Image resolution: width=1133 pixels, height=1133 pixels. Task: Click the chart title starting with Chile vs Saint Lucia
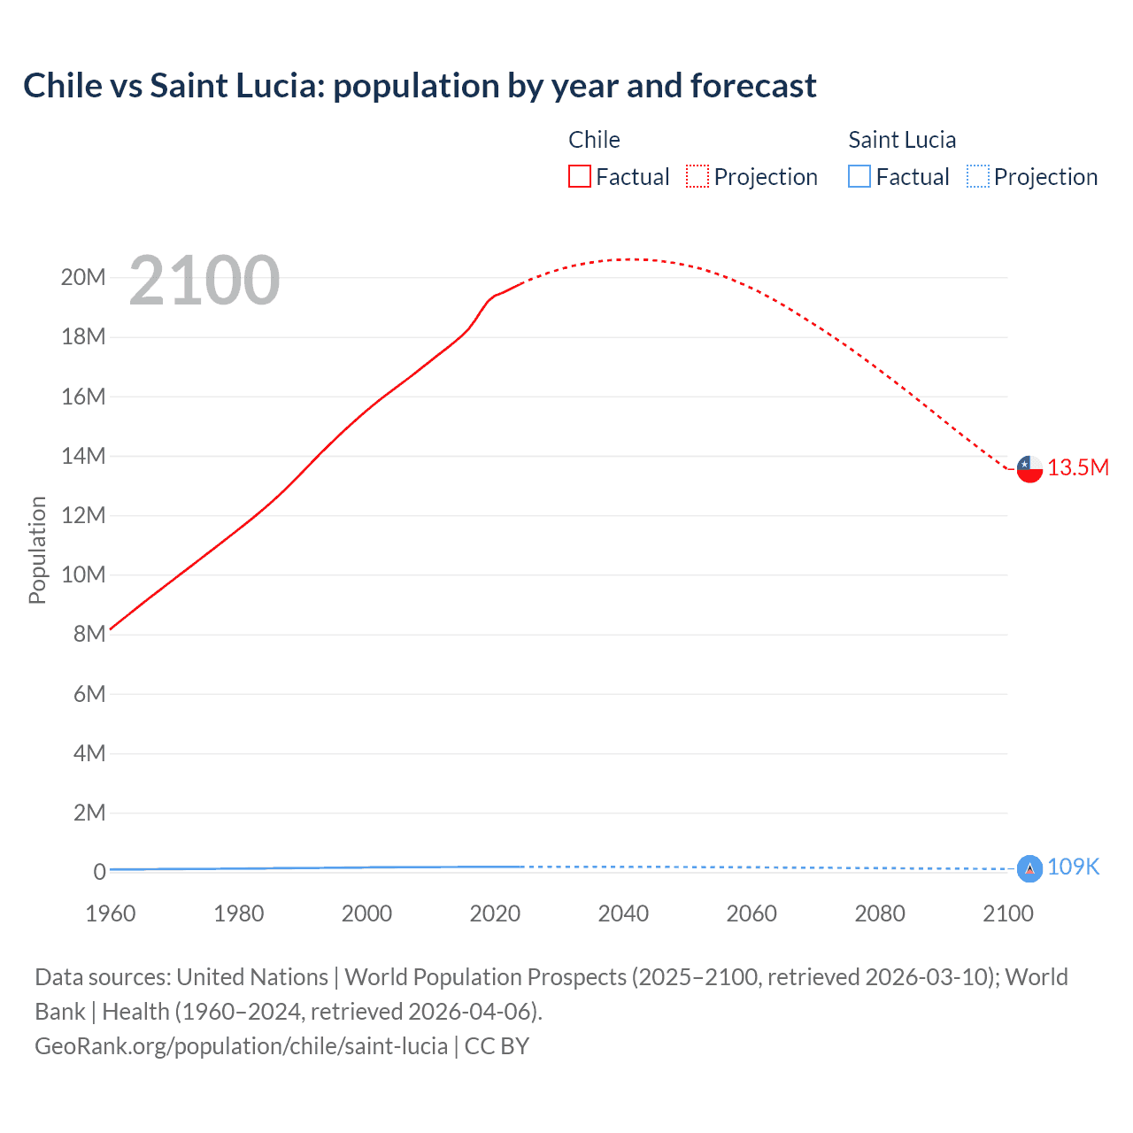420,86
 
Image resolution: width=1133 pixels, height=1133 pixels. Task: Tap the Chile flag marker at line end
1029,468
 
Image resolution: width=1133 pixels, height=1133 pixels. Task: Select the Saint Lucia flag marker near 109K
1029,869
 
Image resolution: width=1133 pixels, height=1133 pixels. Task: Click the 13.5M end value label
1078,468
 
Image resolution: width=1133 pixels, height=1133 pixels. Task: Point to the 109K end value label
1073,867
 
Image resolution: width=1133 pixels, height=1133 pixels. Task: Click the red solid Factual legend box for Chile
580,177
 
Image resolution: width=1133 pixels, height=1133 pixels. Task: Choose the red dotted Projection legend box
698,177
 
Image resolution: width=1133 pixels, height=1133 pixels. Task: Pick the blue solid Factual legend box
859,177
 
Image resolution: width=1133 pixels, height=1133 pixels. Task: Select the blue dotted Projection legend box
978,177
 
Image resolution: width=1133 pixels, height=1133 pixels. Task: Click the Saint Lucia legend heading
902,140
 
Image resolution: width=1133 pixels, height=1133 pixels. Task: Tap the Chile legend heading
594,140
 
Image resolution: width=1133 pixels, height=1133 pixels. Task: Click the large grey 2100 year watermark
204,281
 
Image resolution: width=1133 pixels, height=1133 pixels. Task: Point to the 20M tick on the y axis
83,278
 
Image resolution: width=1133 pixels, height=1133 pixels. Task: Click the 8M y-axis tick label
89,635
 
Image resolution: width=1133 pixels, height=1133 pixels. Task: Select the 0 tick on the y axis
99,872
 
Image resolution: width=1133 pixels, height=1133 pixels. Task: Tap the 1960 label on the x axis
111,913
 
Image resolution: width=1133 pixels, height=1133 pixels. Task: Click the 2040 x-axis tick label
623,913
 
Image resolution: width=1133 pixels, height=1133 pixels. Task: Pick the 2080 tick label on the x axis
880,913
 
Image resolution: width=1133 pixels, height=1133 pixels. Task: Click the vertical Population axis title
37,550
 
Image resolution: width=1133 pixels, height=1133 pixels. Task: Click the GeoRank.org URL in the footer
241,1046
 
